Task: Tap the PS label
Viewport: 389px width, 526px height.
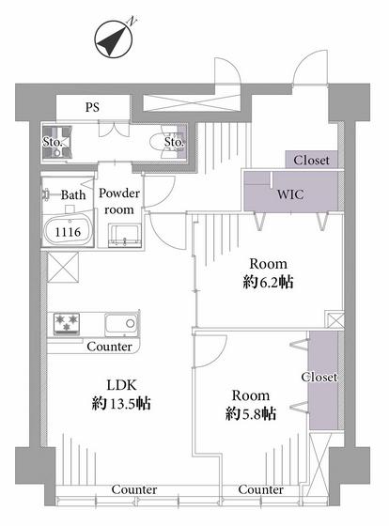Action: tap(92, 107)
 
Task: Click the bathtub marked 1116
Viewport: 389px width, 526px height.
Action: tap(69, 231)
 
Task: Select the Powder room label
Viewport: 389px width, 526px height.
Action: tap(119, 201)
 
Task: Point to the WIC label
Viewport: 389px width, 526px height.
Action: tap(290, 194)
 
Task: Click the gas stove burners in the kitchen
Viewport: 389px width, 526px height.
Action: tap(67, 323)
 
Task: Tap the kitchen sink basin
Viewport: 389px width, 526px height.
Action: tap(121, 324)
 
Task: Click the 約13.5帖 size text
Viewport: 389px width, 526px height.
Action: tap(121, 403)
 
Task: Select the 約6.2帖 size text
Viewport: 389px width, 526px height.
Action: tap(268, 282)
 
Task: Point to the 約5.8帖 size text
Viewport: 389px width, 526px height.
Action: tap(251, 413)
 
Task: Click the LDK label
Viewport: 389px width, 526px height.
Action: tap(121, 385)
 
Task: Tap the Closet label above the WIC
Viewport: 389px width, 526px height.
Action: tap(311, 161)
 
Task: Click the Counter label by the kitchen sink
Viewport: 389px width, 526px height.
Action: tap(109, 347)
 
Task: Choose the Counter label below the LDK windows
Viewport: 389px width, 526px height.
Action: tap(134, 489)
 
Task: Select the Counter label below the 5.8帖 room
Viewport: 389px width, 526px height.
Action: tap(261, 489)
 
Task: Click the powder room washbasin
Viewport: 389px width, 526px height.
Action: tap(125, 236)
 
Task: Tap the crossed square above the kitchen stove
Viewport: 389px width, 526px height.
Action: tap(63, 268)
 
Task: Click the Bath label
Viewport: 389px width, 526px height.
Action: tap(73, 195)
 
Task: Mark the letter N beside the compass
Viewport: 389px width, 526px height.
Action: tap(132, 21)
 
